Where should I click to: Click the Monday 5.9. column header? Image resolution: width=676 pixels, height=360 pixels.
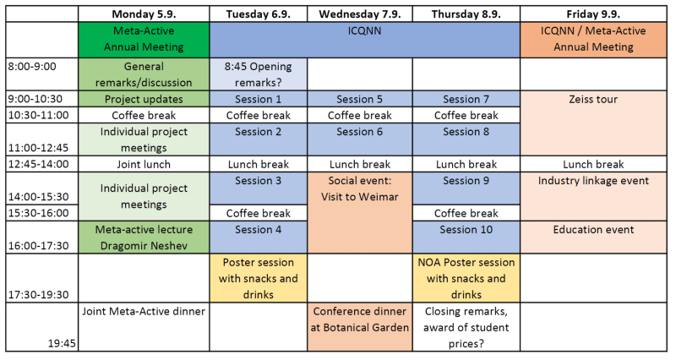point(144,14)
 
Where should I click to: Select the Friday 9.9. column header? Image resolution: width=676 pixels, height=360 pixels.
point(593,14)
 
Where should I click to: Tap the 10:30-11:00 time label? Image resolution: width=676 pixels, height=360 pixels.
point(38,115)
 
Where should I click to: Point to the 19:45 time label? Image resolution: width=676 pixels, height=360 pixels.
point(62,344)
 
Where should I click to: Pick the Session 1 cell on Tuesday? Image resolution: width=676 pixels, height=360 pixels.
point(259,99)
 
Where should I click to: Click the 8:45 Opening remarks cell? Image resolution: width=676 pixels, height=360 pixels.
point(259,74)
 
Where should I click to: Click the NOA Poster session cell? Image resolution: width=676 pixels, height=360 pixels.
point(466,279)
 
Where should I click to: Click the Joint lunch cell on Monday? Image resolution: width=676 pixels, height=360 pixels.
point(144,164)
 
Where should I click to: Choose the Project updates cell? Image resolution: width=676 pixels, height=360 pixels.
point(144,99)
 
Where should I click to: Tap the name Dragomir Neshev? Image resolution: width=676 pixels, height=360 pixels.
point(144,246)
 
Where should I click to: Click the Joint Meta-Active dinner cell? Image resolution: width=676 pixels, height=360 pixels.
point(144,311)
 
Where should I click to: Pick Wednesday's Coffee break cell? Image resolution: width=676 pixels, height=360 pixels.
point(360,115)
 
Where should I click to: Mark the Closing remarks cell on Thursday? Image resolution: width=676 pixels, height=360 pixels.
point(466,327)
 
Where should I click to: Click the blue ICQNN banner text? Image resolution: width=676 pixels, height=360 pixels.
point(364,31)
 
